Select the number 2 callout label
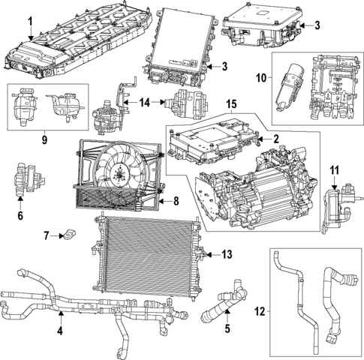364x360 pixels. coord(275,138)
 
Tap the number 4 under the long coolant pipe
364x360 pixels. coord(60,331)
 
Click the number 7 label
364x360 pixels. coord(47,236)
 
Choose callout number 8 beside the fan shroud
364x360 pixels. coord(176,201)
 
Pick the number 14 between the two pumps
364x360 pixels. coord(144,101)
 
